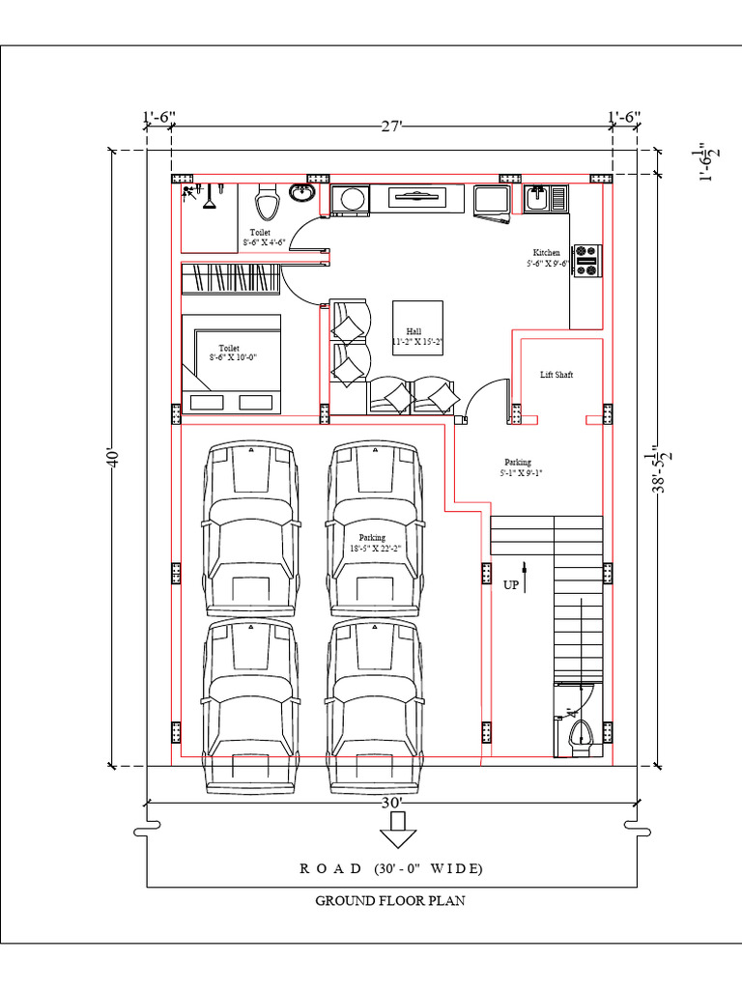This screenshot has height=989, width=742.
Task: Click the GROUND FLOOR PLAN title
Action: coord(390,901)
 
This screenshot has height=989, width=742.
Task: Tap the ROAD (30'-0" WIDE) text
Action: coord(391,868)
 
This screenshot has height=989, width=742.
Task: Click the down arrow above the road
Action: coord(393,828)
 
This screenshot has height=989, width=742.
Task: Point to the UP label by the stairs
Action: coord(511,584)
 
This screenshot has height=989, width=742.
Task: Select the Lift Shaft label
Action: coord(556,375)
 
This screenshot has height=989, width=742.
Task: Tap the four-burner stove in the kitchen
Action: coord(586,261)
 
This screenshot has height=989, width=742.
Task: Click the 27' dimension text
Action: coord(391,127)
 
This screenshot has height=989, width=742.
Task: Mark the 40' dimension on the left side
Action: coord(113,459)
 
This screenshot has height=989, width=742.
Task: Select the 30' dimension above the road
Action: coord(392,802)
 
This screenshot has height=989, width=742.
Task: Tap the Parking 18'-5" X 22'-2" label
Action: coord(372,543)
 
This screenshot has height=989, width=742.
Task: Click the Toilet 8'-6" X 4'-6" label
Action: coord(261,238)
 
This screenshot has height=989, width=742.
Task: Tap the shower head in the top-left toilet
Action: coord(189,193)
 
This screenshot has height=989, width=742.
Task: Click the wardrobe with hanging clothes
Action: coord(230,278)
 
